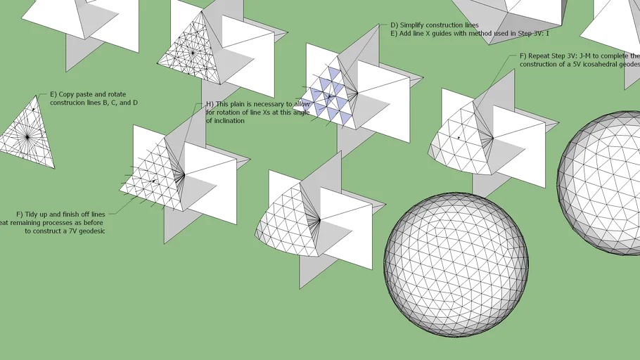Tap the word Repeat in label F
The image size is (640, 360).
pyautogui.click(x=538, y=56)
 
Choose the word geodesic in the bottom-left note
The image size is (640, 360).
pyautogui.click(x=95, y=231)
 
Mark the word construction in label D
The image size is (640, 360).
pyautogui.click(x=445, y=25)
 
